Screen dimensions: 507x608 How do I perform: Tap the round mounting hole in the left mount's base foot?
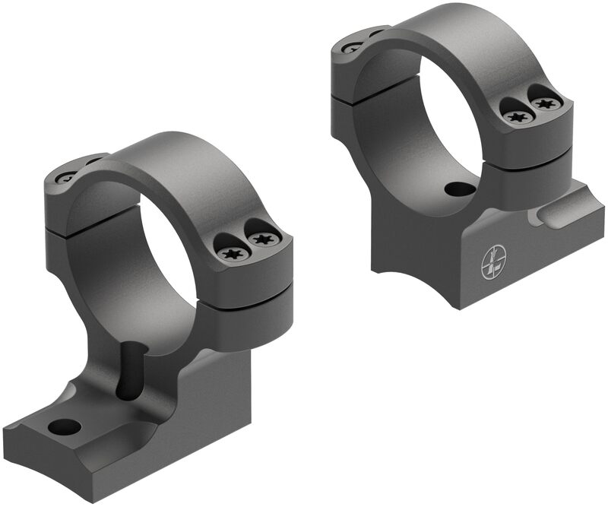pyautogui.click(x=64, y=426)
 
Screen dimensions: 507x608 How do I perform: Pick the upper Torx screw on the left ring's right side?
pyautogui.click(x=262, y=239)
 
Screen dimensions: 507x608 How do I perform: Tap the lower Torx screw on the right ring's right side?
pyautogui.click(x=517, y=116)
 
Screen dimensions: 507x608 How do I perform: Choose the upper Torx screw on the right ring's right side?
pyautogui.click(x=545, y=103)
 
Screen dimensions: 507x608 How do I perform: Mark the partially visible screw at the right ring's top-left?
pyautogui.click(x=354, y=47)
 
